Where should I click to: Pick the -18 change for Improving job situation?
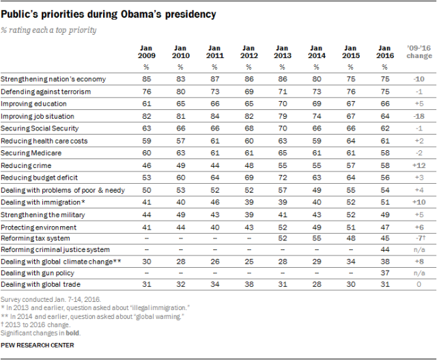417,117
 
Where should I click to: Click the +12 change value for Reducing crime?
416,165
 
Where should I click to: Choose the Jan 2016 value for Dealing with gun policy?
384,273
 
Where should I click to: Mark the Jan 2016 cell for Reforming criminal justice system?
384,249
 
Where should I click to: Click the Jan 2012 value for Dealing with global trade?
248,285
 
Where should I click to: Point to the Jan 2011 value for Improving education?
214,105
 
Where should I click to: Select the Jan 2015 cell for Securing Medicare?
350,153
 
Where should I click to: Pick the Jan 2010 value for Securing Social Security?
181,129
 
